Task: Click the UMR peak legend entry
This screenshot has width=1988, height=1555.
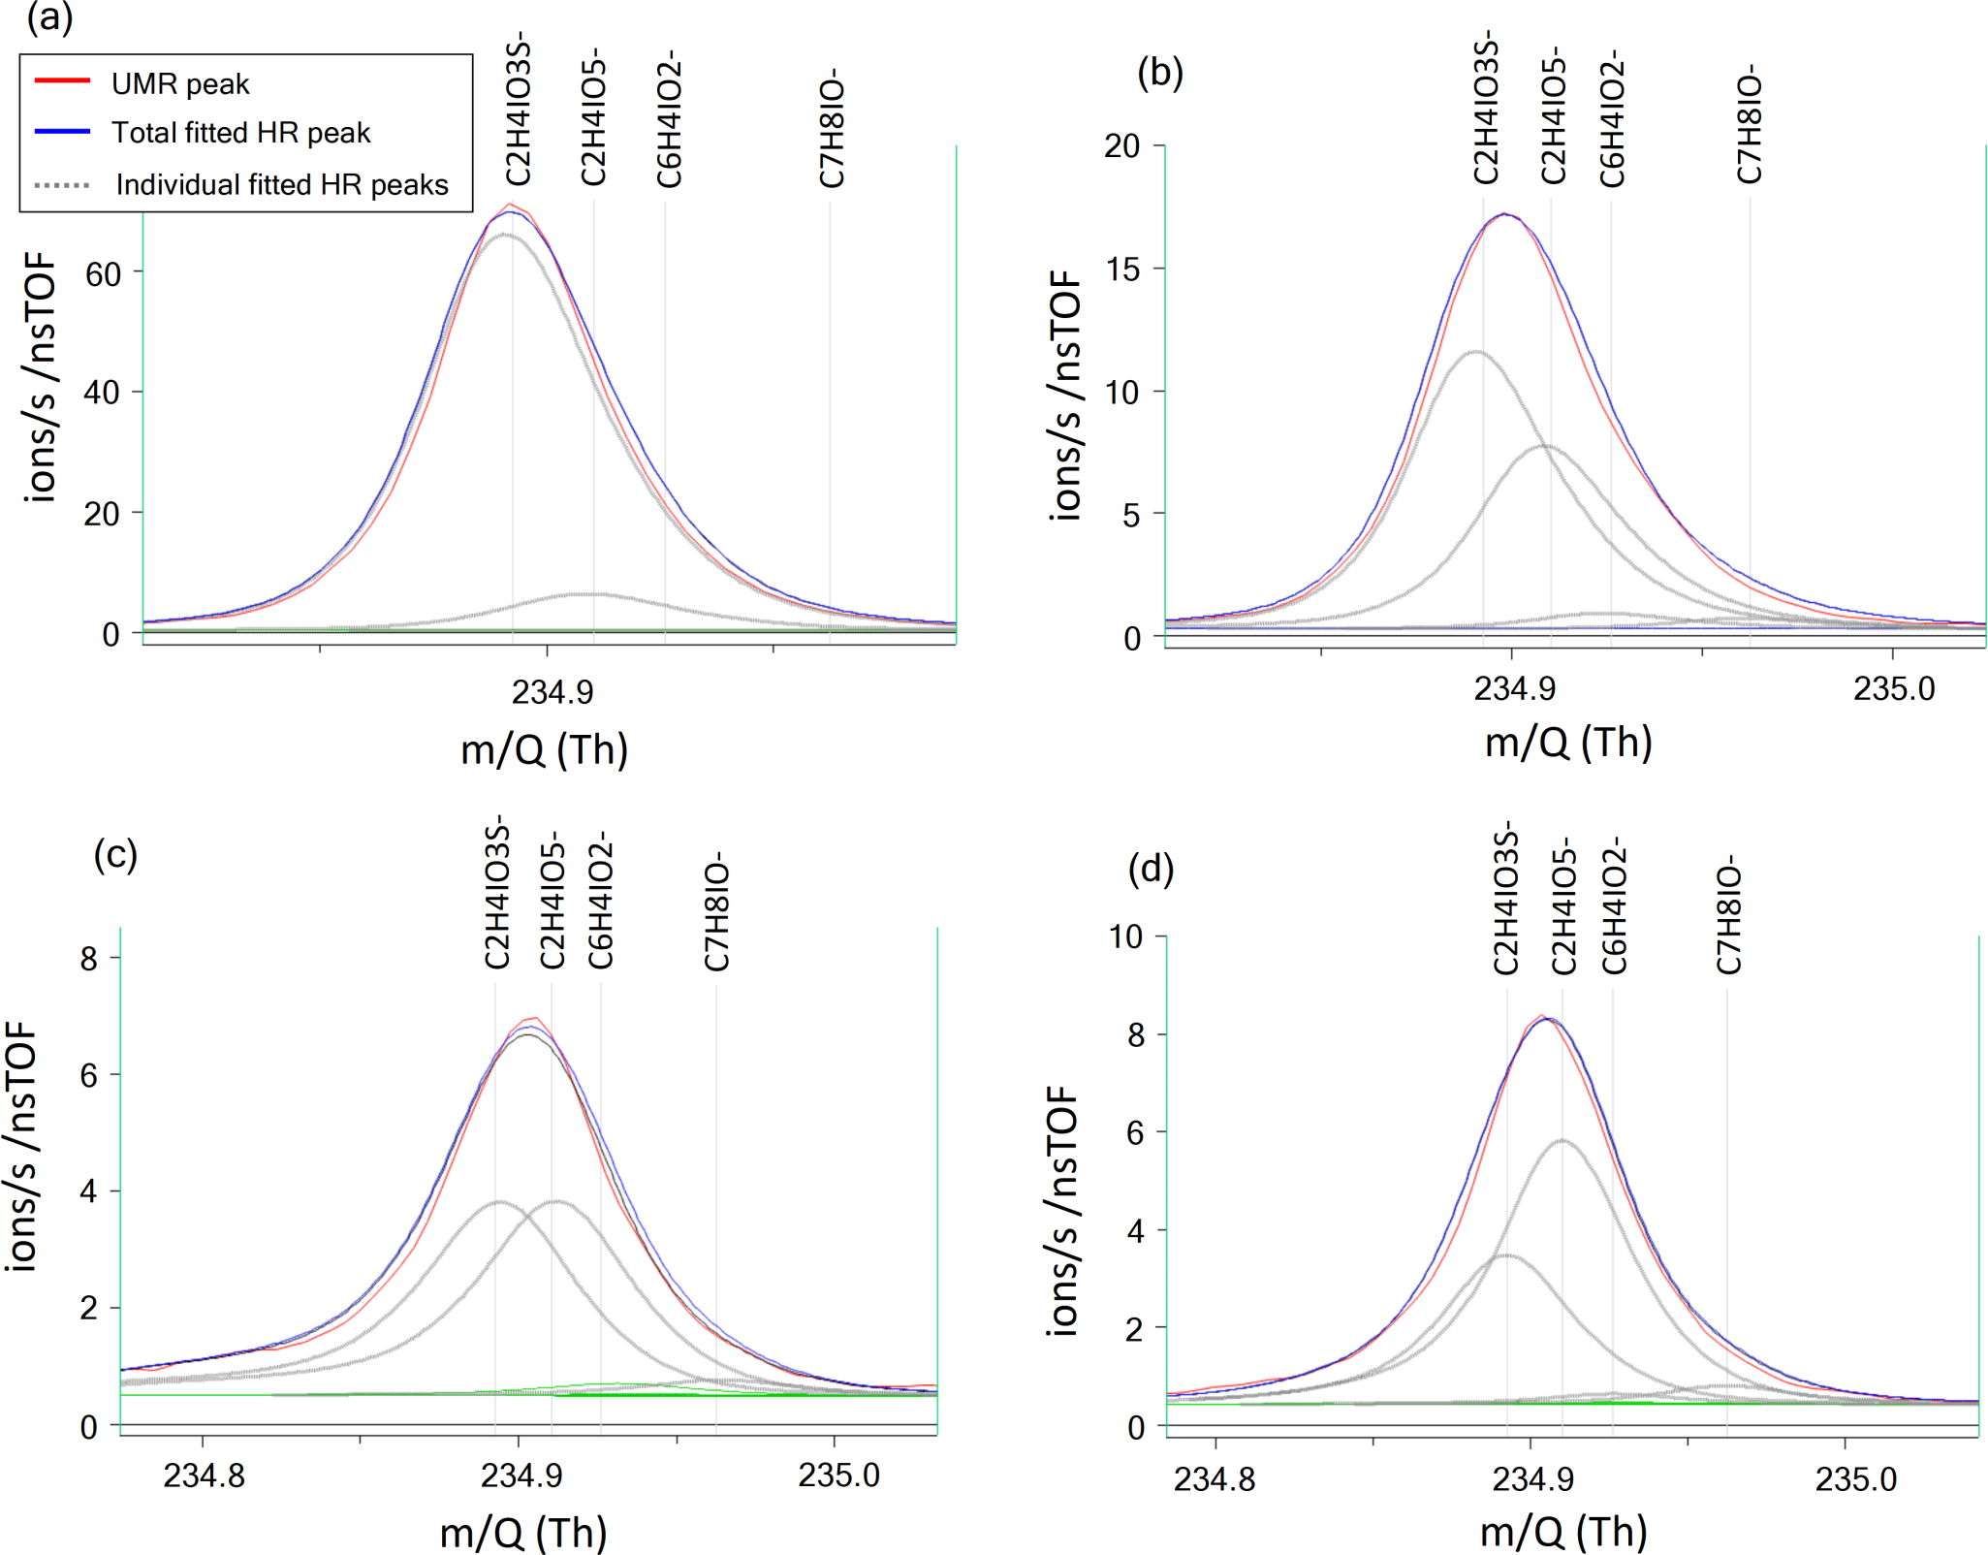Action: point(179,84)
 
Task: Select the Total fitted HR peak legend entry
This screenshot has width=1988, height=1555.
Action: point(240,133)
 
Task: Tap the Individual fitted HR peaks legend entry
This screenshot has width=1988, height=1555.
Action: point(281,184)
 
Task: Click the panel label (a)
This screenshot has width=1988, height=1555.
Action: point(49,17)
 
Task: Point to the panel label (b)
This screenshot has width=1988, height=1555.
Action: point(1159,72)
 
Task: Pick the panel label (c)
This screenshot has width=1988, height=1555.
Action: point(115,854)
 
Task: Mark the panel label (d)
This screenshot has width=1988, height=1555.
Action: point(1151,869)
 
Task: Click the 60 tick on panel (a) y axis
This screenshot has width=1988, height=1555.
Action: point(103,273)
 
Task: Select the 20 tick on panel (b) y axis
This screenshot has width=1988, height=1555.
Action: point(1121,145)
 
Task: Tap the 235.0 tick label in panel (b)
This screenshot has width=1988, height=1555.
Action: point(1893,688)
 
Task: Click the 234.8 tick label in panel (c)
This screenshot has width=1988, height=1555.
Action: point(204,1476)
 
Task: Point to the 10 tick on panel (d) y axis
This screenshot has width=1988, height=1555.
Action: point(1125,936)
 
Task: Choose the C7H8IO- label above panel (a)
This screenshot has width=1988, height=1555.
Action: point(832,127)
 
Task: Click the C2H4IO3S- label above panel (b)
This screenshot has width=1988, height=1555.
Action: point(1486,108)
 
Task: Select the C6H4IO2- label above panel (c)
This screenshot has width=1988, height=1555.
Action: point(601,900)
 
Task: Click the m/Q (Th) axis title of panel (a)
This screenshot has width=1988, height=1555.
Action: point(544,749)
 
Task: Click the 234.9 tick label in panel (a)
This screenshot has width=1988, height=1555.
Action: point(552,692)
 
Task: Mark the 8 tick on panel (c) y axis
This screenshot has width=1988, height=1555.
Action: point(89,959)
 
